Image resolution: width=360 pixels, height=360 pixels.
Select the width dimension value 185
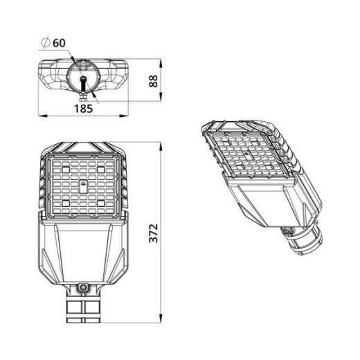[84, 108]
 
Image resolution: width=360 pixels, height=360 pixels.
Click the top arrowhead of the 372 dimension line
[161, 145]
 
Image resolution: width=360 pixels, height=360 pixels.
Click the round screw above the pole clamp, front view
[82, 286]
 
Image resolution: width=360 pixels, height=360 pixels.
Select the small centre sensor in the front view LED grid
[82, 184]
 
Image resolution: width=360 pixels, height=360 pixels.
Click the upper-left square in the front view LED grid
[64, 167]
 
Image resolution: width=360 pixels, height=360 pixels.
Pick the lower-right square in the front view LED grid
[101, 201]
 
